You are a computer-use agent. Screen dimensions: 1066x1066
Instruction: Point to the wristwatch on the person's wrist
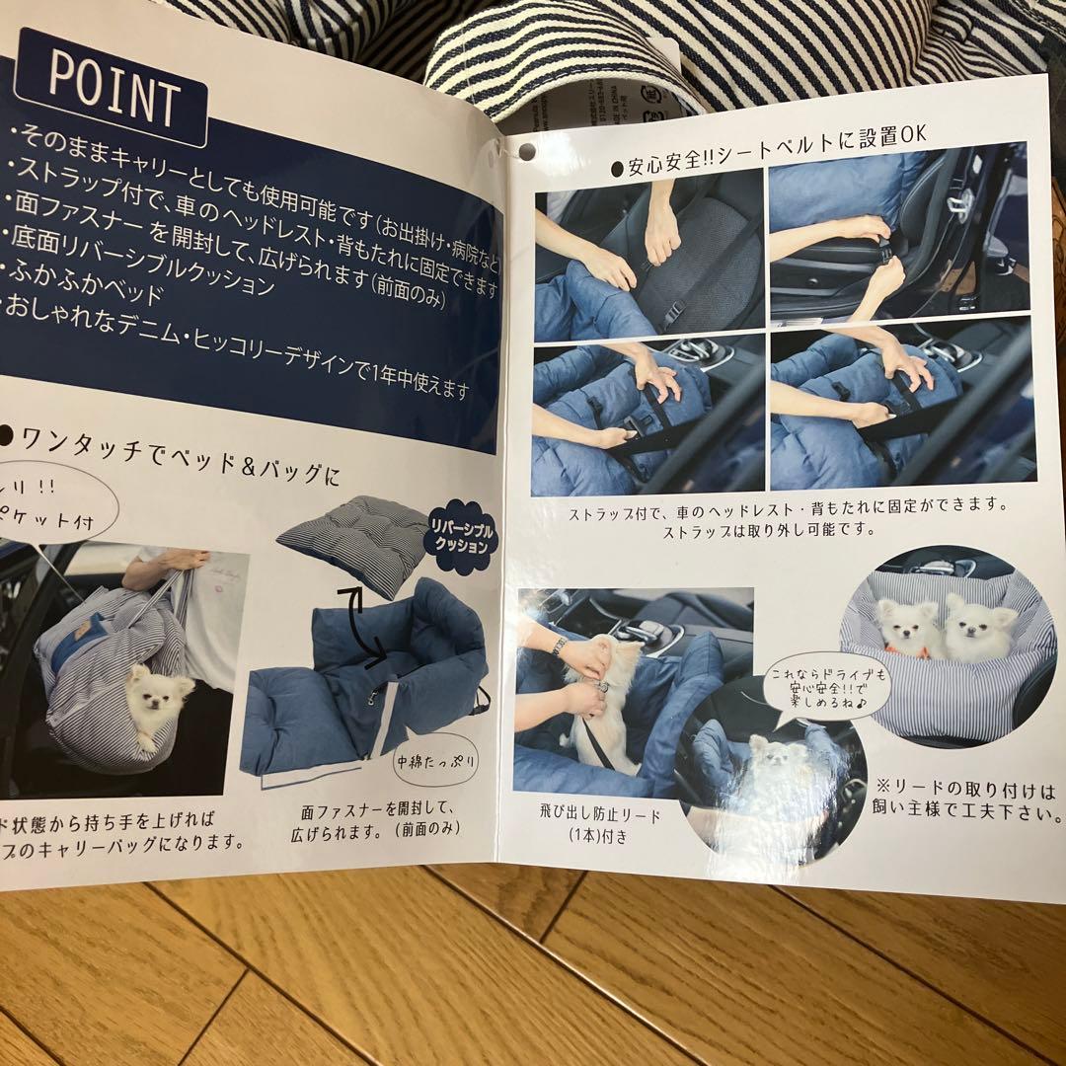[x=560, y=646]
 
